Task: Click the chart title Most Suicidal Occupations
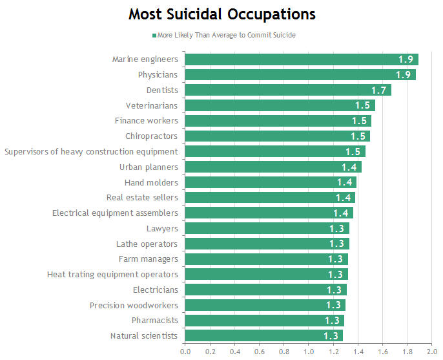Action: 221,14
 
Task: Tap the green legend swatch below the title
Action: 154,35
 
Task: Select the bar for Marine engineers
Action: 301,59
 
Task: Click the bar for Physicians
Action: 300,74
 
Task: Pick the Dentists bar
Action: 288,90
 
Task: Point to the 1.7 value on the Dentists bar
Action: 378,90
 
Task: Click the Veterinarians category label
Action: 151,105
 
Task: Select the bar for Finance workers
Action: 278,121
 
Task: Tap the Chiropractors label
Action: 151,136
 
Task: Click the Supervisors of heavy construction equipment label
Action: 91,152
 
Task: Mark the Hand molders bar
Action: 271,182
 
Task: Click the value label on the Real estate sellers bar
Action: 344,198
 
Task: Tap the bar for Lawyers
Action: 267,228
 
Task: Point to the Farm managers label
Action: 148,259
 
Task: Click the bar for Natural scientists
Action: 263,335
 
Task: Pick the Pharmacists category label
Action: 154,320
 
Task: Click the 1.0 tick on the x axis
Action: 308,352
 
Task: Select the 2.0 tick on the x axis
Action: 432,352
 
